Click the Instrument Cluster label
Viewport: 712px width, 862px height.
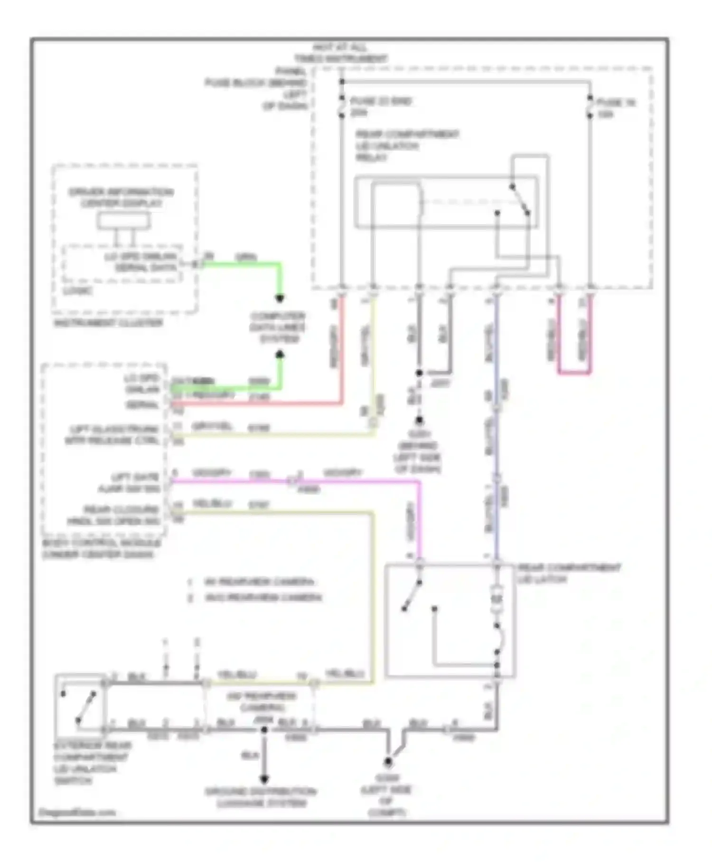(108, 323)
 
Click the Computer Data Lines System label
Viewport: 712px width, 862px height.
(278, 327)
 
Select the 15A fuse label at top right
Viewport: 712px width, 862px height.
(616, 108)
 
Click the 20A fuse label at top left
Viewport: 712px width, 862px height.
(380, 106)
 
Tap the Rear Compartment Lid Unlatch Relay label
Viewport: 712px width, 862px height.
(407, 145)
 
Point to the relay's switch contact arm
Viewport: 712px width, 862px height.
(520, 200)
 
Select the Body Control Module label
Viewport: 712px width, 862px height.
(102, 548)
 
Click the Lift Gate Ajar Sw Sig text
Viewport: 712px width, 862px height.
(129, 483)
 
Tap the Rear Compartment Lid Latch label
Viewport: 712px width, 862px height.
(569, 573)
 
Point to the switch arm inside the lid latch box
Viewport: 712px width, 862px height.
(412, 595)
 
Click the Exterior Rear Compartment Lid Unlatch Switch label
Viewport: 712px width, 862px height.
(92, 763)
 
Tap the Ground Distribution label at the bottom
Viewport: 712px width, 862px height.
(260, 797)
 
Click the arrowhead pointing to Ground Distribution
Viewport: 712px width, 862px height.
(264, 779)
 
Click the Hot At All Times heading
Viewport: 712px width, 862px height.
(340, 53)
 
